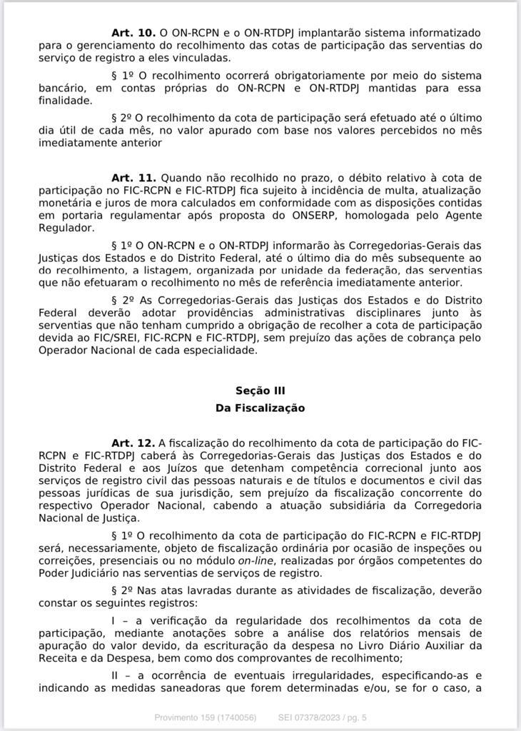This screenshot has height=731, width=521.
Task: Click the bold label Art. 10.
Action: click(133, 34)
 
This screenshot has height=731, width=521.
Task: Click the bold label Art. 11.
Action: click(133, 177)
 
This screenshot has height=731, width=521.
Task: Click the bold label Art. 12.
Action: click(133, 443)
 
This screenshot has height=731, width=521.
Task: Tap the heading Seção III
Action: click(260, 390)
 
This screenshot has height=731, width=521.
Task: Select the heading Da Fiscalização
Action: click(260, 408)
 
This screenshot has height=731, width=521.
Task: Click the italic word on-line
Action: click(255, 560)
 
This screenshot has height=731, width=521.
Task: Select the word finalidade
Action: click(66, 101)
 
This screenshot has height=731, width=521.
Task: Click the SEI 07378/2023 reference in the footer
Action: click(308, 717)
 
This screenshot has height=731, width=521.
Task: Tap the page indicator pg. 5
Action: click(355, 717)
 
